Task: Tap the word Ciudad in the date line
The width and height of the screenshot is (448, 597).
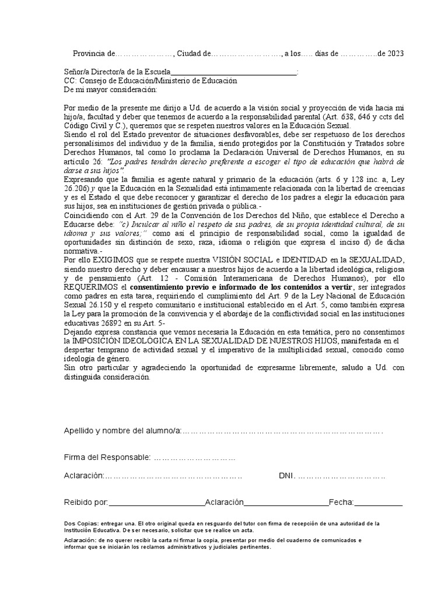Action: coord(189,54)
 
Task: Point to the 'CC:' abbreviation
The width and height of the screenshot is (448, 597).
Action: coord(69,81)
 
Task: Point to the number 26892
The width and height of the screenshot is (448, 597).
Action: coord(127,324)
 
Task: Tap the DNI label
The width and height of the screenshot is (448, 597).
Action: coord(287,476)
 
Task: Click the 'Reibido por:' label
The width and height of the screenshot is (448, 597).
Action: coord(86,502)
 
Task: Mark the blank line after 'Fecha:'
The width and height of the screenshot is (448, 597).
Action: coord(379,502)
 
